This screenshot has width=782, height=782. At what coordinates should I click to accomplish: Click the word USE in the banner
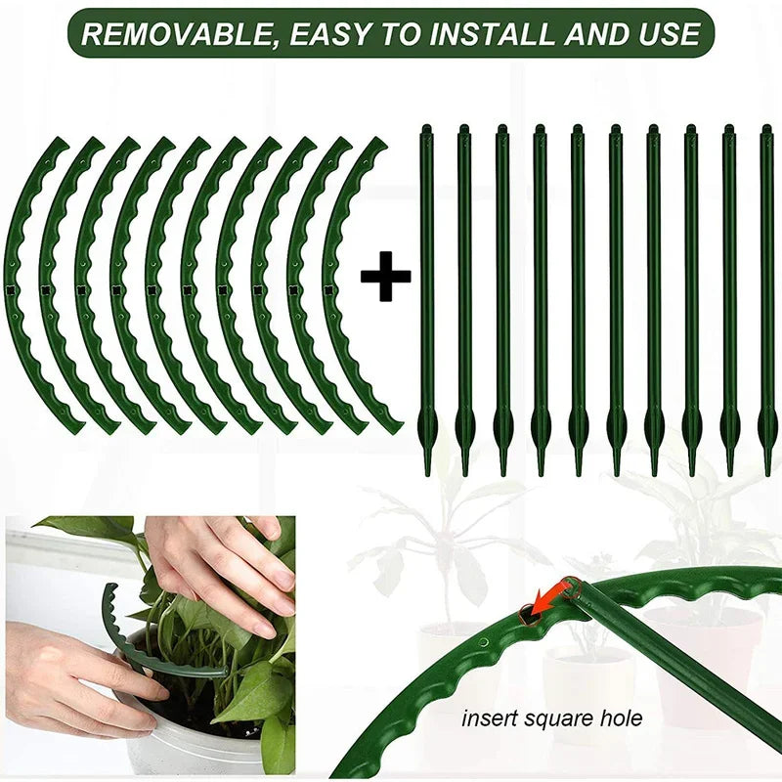(665, 35)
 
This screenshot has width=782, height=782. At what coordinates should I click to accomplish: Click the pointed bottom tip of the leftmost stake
(427, 469)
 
